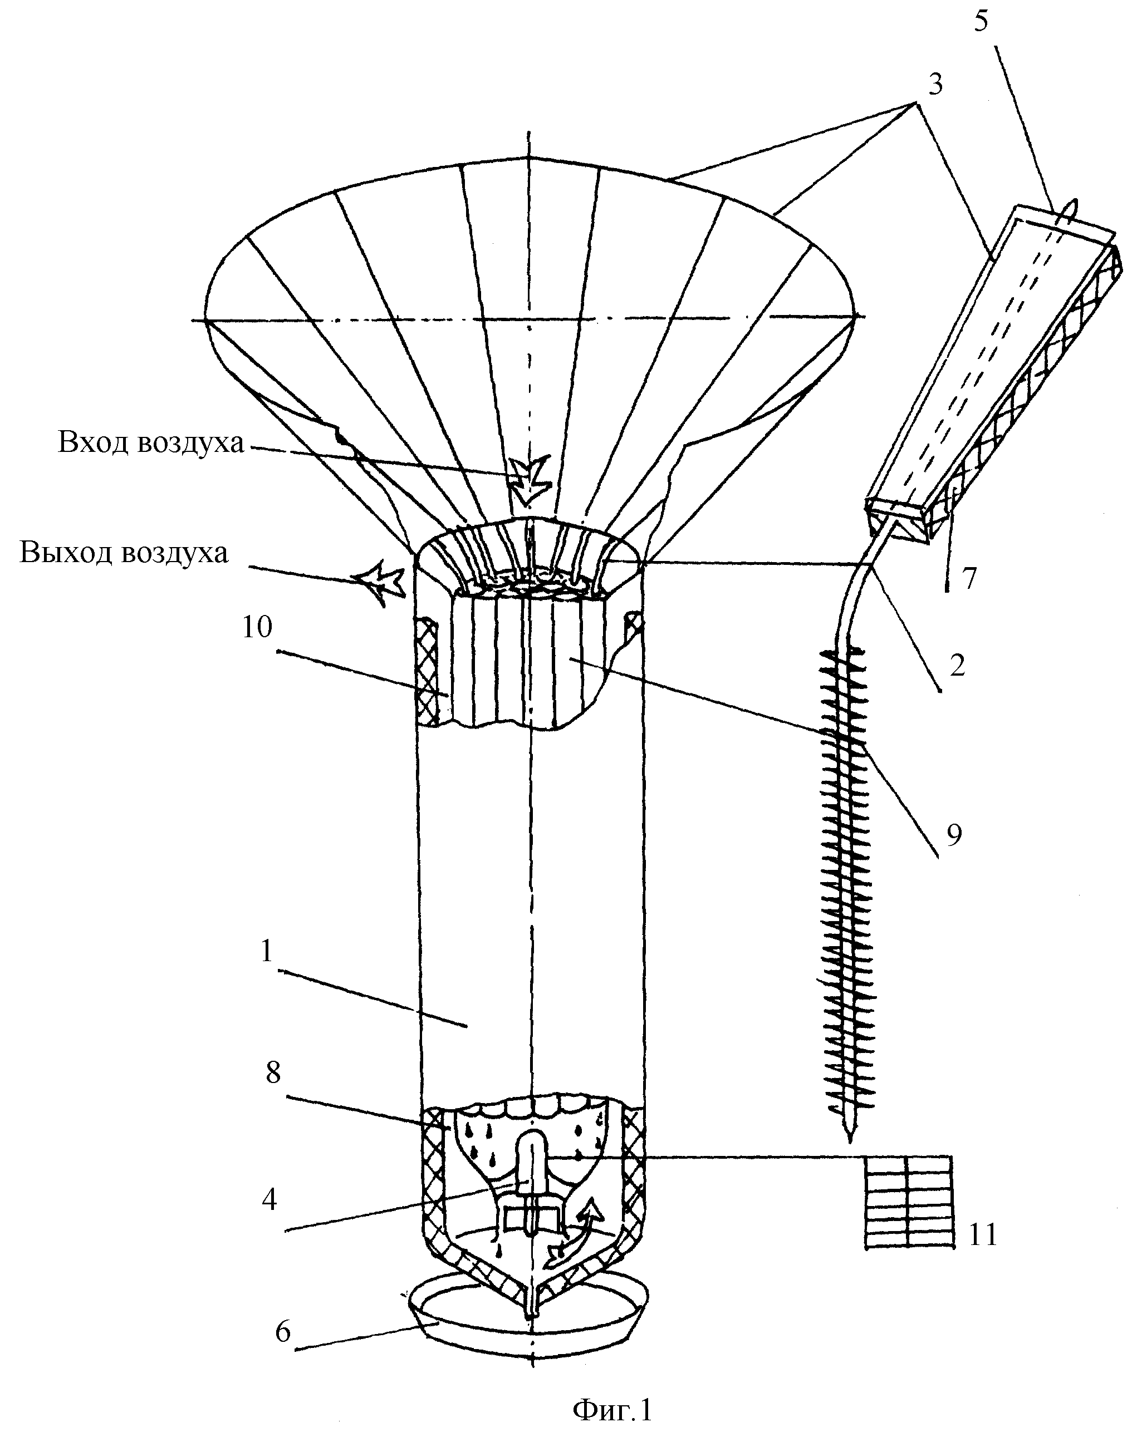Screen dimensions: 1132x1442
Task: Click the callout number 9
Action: pyautogui.click(x=953, y=836)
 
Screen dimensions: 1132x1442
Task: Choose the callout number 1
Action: pyautogui.click(x=266, y=951)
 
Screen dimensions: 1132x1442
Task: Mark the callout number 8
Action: pyautogui.click(x=273, y=1073)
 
